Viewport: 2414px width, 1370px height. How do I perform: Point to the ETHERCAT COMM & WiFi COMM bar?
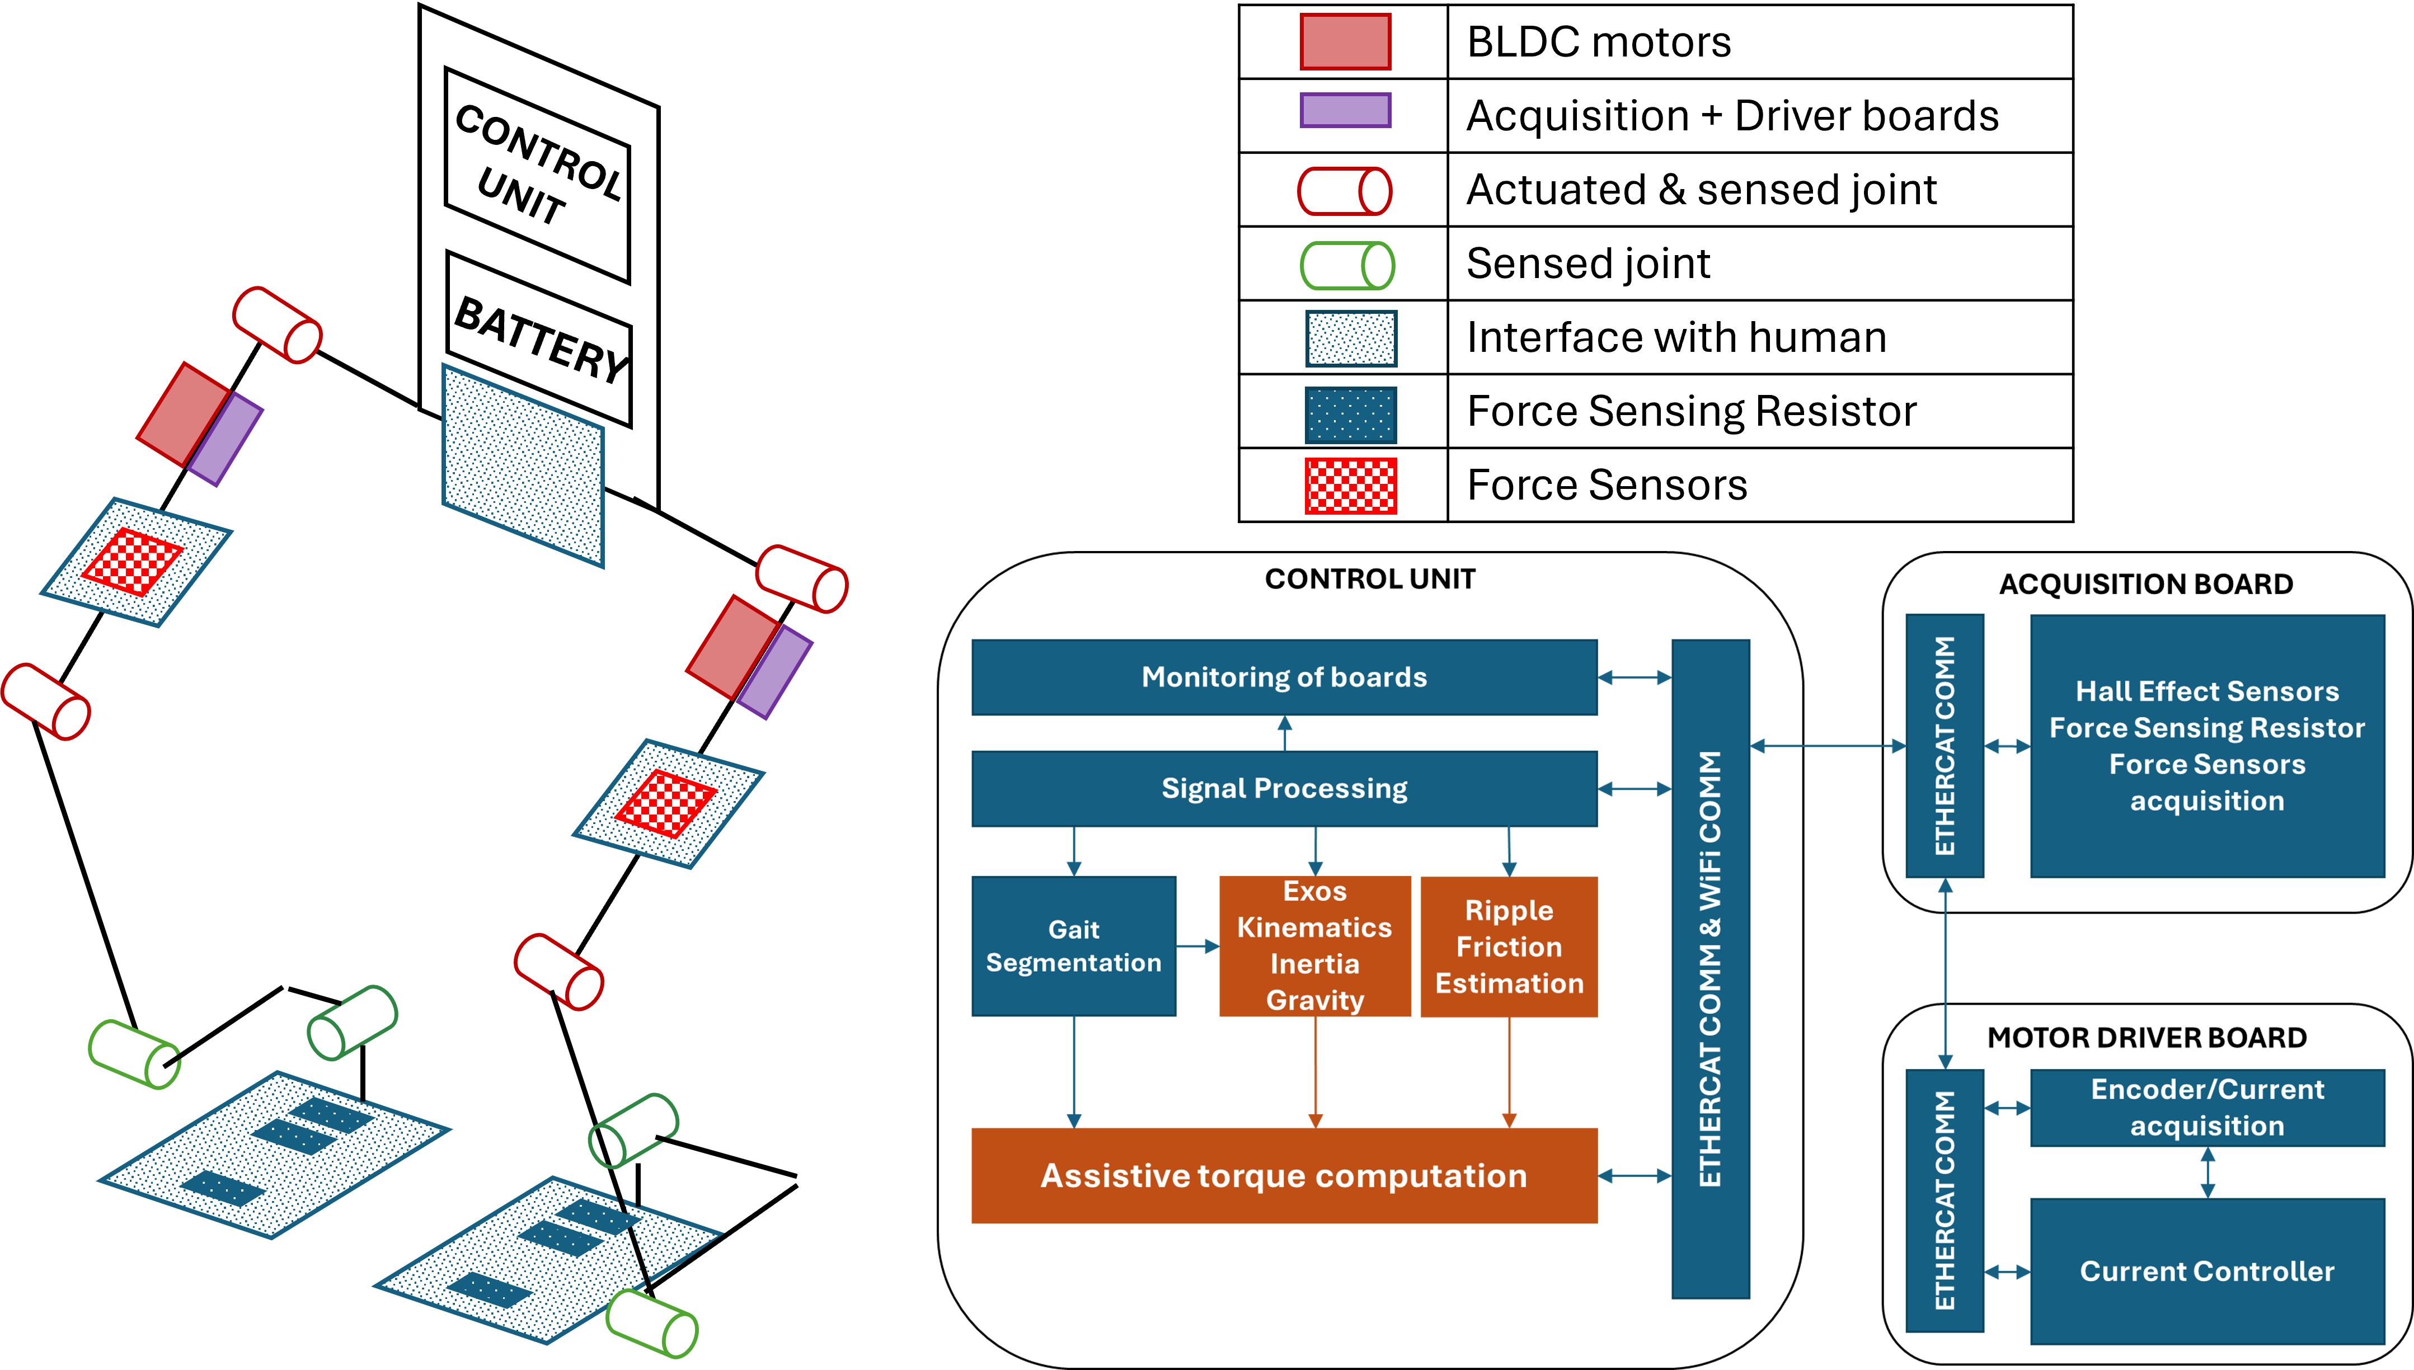[x=1710, y=969]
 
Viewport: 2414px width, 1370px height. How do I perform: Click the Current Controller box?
[x=2207, y=1271]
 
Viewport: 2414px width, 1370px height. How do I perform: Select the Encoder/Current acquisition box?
[x=2207, y=1108]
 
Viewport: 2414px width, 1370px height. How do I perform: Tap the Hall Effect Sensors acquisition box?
[x=2207, y=746]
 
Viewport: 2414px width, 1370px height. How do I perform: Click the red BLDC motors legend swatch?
[x=1345, y=41]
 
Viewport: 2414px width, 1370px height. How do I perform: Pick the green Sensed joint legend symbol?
[x=1347, y=265]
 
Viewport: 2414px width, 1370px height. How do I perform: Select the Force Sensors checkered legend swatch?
[x=1350, y=486]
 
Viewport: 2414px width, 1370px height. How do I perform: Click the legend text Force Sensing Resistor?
[x=1691, y=411]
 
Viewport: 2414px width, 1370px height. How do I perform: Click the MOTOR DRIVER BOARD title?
[x=2147, y=1038]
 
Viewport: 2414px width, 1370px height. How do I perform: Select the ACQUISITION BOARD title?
[x=2146, y=585]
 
